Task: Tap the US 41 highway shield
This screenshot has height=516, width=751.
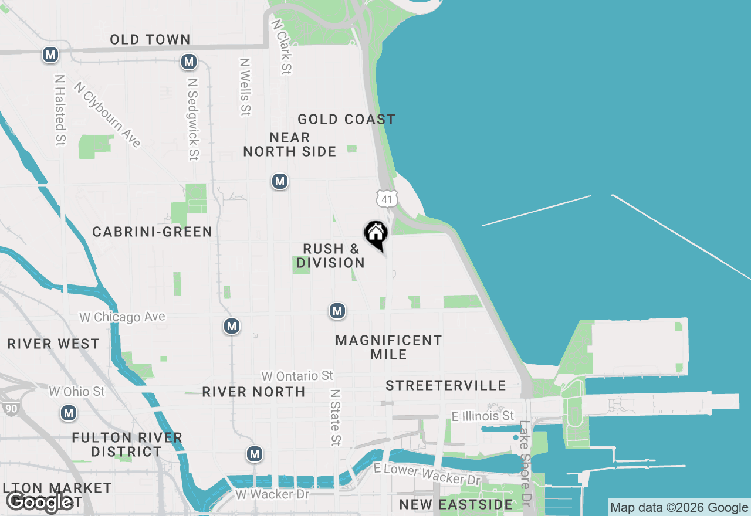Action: (x=386, y=198)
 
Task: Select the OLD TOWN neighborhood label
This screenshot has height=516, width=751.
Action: (x=150, y=40)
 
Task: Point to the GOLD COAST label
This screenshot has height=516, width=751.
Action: (x=346, y=120)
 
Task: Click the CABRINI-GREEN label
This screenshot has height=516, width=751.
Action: (x=153, y=232)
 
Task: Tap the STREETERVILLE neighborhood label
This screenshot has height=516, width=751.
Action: (x=446, y=385)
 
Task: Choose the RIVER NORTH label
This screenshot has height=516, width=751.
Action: (x=253, y=392)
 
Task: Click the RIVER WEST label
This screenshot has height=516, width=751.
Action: (x=53, y=344)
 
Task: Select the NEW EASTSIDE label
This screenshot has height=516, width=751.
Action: (x=456, y=504)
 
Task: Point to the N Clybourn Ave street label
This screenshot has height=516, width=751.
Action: (x=107, y=114)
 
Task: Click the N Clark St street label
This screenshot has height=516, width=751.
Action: (x=281, y=46)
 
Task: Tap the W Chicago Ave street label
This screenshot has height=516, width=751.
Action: (x=123, y=317)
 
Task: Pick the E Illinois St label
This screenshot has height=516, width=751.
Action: (x=483, y=416)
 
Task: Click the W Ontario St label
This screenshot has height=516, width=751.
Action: (x=297, y=376)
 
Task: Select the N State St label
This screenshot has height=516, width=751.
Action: (x=335, y=417)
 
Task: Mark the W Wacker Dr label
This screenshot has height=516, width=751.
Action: (x=272, y=494)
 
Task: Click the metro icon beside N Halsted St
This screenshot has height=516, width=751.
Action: (x=50, y=55)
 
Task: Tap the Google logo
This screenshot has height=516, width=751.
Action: (x=39, y=502)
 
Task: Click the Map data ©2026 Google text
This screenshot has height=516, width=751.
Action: (x=679, y=508)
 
